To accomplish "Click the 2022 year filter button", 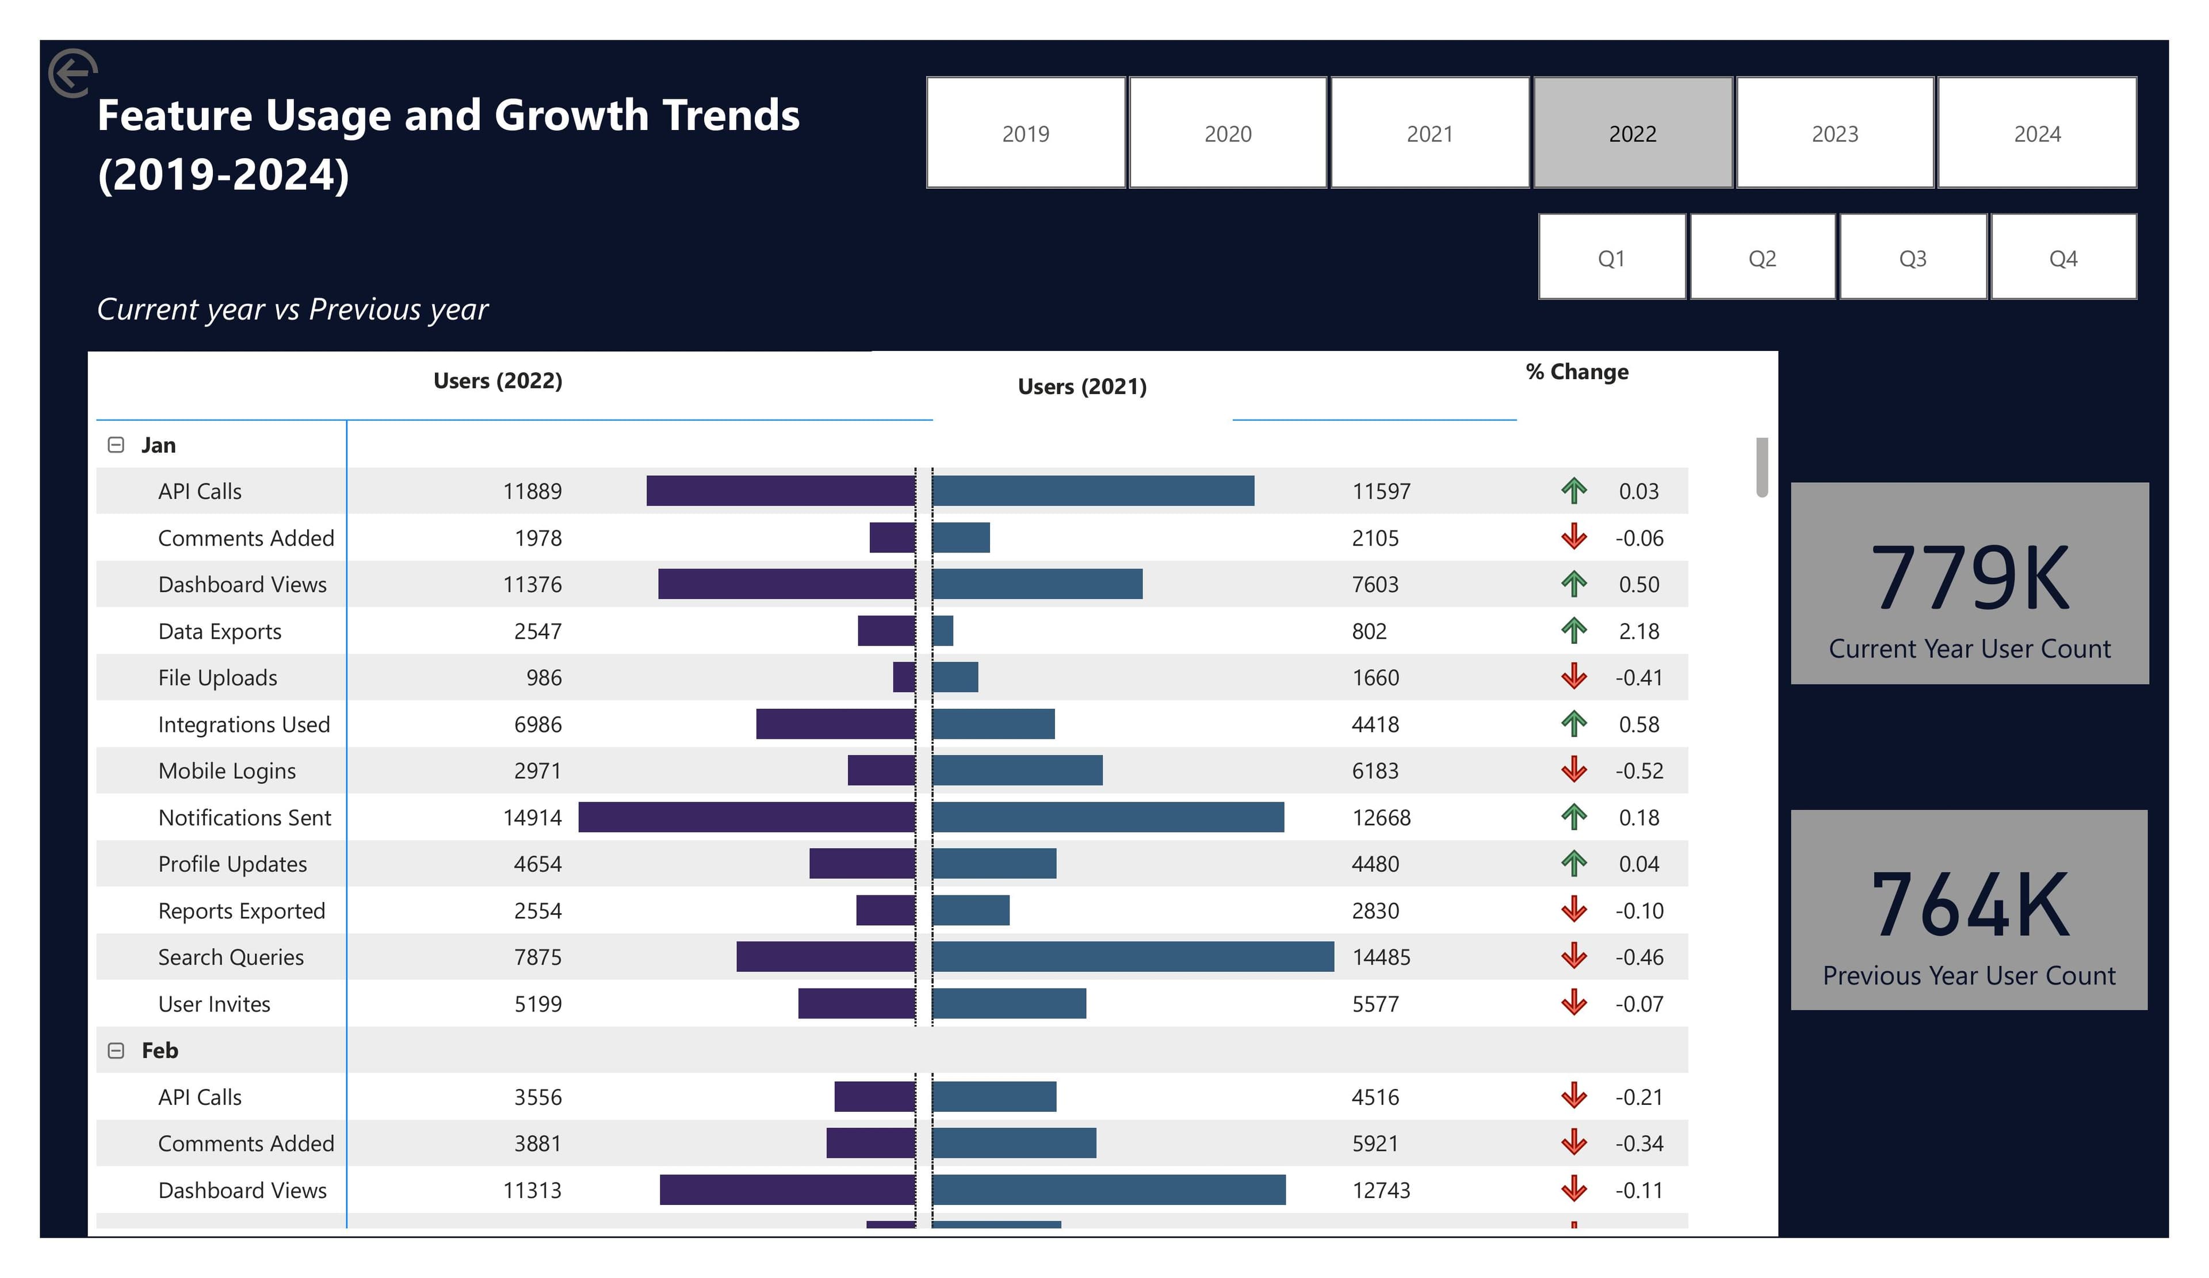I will click(1632, 133).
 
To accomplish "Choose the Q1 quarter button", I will click(1611, 258).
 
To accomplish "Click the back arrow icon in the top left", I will click(72, 73).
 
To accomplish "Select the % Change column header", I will click(1576, 372).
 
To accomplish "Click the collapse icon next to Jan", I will click(116, 445).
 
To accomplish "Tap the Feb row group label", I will click(159, 1050).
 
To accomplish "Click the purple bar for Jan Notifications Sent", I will click(746, 817).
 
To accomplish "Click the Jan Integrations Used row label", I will click(244, 724).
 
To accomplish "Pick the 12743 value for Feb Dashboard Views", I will click(1381, 1189).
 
